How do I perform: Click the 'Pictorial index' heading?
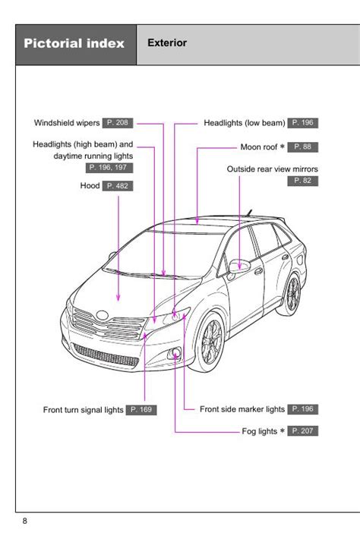[74, 43]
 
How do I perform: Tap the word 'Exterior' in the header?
[167, 43]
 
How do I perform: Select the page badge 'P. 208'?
[118, 123]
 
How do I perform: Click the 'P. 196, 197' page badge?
[109, 168]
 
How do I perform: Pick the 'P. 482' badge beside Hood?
[118, 186]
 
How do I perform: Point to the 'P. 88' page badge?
[302, 147]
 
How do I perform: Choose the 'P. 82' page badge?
[302, 181]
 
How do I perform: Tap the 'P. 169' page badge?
[141, 410]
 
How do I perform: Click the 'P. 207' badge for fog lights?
[302, 431]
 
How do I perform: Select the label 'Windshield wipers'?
[67, 123]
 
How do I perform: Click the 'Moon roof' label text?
[259, 147]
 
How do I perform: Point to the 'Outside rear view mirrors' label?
[273, 169]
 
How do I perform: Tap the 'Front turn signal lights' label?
[83, 410]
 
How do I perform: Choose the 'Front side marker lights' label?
[242, 409]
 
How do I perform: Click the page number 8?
[24, 521]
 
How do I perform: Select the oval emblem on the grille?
[102, 315]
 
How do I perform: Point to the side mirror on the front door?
[238, 267]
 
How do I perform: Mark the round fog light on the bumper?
[175, 353]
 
